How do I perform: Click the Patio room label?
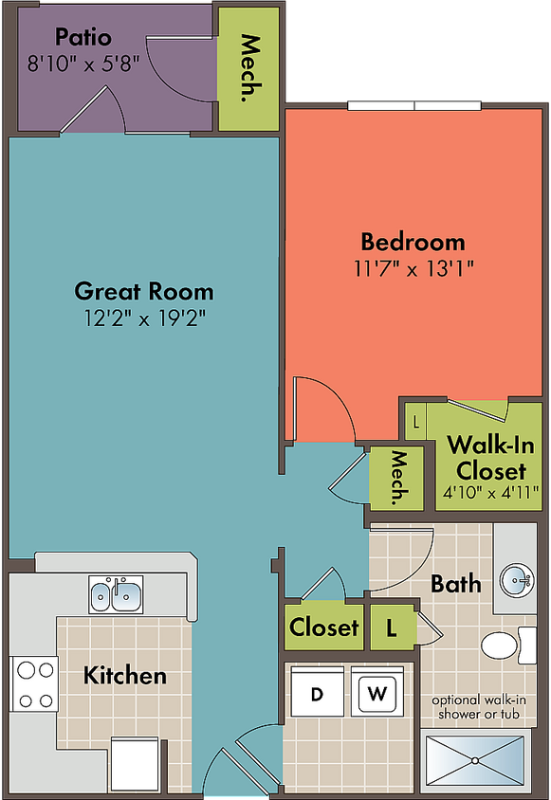[83, 37]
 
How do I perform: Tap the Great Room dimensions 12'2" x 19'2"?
[145, 318]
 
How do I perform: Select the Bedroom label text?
[413, 242]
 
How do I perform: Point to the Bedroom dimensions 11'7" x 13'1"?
[413, 268]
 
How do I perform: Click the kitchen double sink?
[116, 594]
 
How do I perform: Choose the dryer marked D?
[317, 692]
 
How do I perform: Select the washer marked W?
[377, 692]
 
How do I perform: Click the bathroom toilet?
[508, 645]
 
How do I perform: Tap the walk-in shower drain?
[475, 761]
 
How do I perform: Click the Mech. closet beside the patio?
[248, 69]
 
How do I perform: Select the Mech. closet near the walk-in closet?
[396, 478]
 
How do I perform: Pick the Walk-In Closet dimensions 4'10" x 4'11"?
[490, 493]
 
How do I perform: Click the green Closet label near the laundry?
[323, 627]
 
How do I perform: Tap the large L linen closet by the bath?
[392, 627]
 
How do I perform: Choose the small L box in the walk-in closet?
[415, 423]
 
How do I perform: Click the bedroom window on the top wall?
[414, 105]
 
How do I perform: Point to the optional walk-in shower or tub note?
[479, 707]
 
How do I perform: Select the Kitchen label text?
[125, 676]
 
